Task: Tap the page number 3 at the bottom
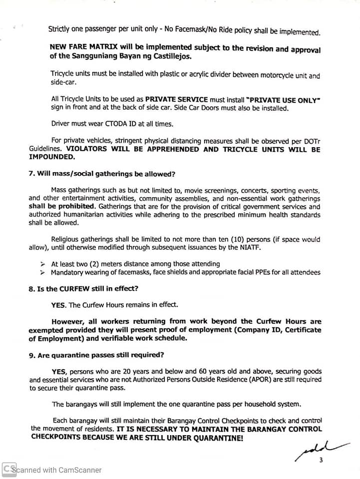[x=321, y=460]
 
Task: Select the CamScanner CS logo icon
[x=8, y=470]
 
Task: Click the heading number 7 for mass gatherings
[x=32, y=174]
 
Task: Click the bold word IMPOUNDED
[x=51, y=157]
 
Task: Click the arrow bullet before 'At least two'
[x=42, y=264]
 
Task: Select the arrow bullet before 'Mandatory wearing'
[x=42, y=272]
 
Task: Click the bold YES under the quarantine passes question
[x=59, y=372]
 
